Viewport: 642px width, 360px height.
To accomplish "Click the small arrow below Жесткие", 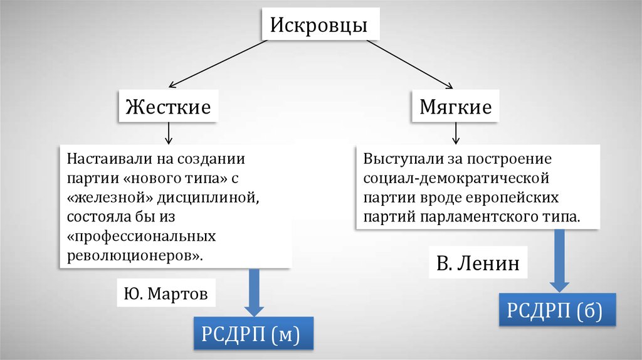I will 168,133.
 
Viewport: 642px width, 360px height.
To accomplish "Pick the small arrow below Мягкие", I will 456,132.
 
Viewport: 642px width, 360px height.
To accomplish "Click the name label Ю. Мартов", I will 162,293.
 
